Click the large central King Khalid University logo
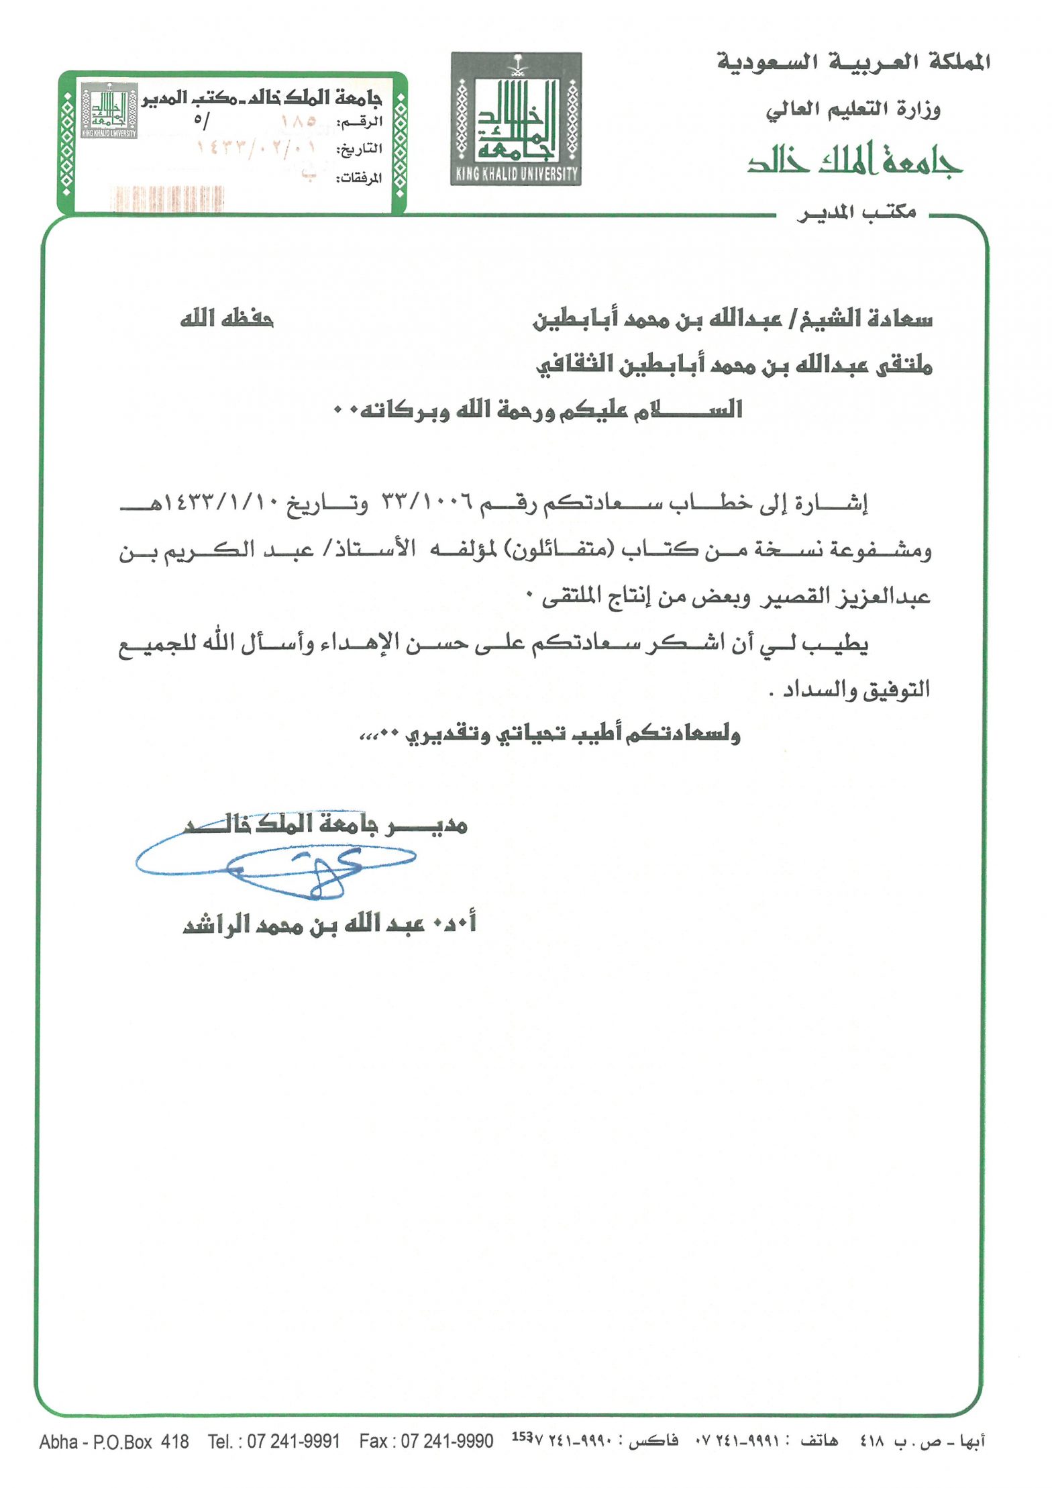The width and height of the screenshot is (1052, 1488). tap(515, 119)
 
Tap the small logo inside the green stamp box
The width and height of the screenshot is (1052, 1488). tap(109, 111)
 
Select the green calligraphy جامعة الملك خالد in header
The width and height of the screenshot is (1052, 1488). tap(855, 160)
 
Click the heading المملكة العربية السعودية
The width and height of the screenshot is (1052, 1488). tap(853, 62)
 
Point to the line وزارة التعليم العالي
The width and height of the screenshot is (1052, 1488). tap(853, 109)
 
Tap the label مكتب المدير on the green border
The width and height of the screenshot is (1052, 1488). tap(856, 213)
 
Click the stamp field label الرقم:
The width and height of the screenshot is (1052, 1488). tap(360, 123)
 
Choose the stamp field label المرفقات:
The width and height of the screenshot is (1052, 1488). tap(358, 178)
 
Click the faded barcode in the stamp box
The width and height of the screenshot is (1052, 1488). tap(166, 199)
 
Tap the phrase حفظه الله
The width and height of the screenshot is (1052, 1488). tap(226, 317)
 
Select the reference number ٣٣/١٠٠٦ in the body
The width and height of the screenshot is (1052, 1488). tap(427, 502)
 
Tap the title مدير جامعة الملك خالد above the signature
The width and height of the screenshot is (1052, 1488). tap(326, 824)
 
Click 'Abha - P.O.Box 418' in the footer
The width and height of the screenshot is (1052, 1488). tap(114, 1441)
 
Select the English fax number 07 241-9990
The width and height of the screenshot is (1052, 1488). tap(447, 1441)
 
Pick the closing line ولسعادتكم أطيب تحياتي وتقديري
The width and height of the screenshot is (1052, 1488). tap(550, 734)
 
